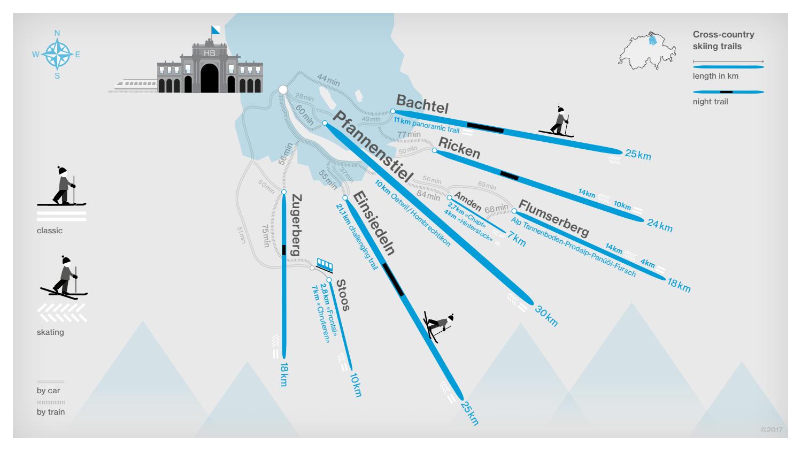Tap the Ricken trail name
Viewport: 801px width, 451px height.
click(x=459, y=147)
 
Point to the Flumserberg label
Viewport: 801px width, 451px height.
click(x=553, y=218)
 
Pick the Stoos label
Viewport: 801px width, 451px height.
click(x=343, y=294)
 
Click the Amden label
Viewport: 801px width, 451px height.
click(x=468, y=200)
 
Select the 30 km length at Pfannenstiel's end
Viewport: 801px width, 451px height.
click(x=546, y=316)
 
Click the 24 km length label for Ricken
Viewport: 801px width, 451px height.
click(x=660, y=225)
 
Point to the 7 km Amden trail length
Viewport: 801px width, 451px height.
click(x=517, y=239)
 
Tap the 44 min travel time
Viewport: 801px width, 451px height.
click(x=328, y=81)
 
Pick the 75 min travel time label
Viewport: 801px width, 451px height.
click(x=266, y=235)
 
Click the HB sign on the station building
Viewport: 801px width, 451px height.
click(x=210, y=53)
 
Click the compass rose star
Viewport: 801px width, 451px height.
click(x=57, y=54)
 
